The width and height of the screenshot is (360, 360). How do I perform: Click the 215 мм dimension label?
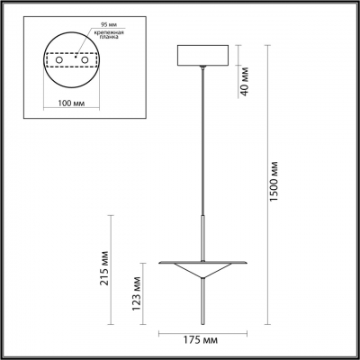pyautogui.click(x=103, y=268)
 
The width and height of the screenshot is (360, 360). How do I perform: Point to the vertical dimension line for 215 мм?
pyautogui.click(x=110, y=270)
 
